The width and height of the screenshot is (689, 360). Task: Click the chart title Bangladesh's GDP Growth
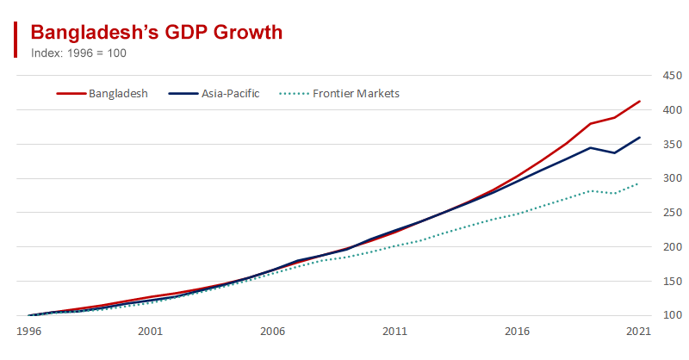tap(157, 33)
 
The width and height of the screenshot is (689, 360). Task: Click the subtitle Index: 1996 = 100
tap(78, 53)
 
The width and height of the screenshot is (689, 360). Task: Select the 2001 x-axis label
tap(151, 331)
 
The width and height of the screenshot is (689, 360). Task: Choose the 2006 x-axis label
tap(273, 331)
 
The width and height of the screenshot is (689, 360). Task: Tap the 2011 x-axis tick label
tap(395, 331)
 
